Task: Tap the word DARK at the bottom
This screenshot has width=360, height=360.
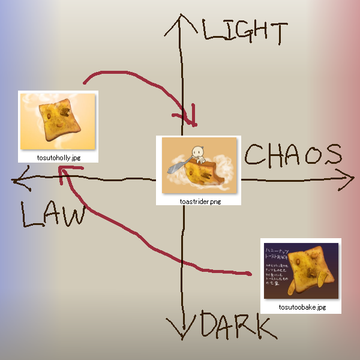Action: click(x=233, y=326)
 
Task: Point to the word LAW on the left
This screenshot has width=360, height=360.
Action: click(x=53, y=215)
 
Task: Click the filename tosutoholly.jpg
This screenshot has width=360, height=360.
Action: click(x=58, y=157)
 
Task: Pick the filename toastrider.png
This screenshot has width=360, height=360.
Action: click(x=200, y=202)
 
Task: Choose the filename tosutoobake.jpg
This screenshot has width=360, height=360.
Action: click(x=302, y=307)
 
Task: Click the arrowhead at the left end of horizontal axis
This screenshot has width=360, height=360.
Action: click(x=18, y=179)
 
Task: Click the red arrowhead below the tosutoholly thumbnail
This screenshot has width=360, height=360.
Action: click(x=62, y=172)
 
